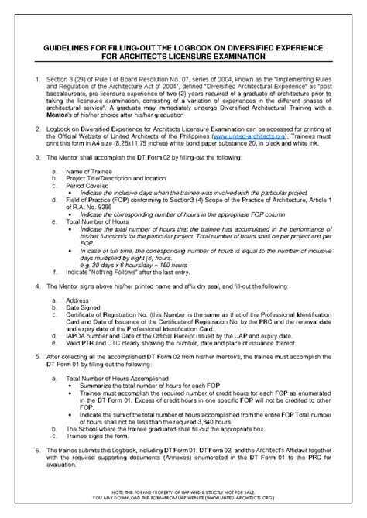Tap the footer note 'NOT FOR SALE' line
(x=183, y=492)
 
